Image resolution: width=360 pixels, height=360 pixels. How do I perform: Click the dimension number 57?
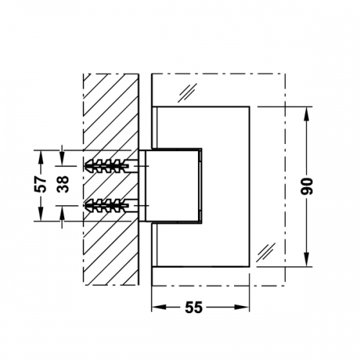click(x=40, y=184)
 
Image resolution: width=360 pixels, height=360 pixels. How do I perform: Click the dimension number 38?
click(x=63, y=184)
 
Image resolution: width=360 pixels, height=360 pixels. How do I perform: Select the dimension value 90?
click(x=307, y=186)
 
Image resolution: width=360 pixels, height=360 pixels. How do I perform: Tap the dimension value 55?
click(x=194, y=307)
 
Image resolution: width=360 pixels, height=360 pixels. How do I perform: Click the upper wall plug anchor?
click(x=107, y=166)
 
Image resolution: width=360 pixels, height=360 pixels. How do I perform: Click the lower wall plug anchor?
click(x=107, y=206)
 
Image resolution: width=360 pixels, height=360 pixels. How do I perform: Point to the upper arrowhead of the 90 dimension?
click(x=307, y=114)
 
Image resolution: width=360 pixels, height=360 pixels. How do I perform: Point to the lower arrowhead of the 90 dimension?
click(x=307, y=259)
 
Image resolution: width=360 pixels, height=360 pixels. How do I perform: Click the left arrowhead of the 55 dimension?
click(x=159, y=307)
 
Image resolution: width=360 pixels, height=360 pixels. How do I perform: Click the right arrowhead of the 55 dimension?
click(x=242, y=307)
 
